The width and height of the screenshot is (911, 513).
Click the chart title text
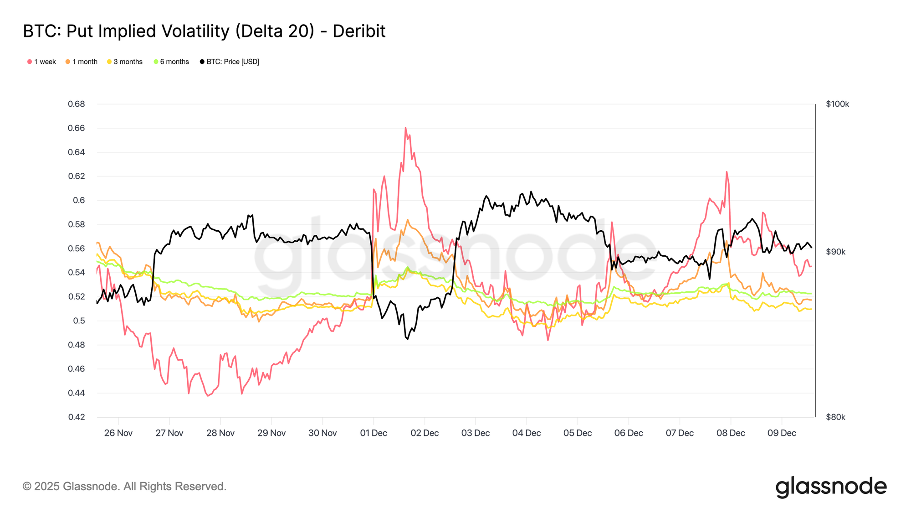(x=204, y=31)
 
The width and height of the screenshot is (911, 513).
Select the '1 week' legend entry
(x=41, y=62)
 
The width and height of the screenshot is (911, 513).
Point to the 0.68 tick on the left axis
(x=76, y=104)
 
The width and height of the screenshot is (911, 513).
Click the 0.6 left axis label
(x=79, y=200)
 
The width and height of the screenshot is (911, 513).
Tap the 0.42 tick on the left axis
(x=76, y=417)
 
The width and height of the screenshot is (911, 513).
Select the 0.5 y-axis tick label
(x=79, y=321)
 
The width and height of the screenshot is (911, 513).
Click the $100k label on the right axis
(x=837, y=104)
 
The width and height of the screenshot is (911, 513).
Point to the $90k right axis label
(x=835, y=252)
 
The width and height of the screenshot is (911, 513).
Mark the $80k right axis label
(x=835, y=417)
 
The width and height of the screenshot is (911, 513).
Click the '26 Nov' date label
(x=118, y=433)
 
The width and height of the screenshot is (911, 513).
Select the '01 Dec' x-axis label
(x=374, y=433)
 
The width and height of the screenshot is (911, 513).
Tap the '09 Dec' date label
(x=782, y=433)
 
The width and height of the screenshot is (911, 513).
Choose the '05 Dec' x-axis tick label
(x=578, y=433)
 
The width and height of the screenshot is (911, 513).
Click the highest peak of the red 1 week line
(x=405, y=128)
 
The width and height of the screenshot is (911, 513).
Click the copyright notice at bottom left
(x=124, y=486)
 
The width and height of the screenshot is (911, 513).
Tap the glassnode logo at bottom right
(x=831, y=487)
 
